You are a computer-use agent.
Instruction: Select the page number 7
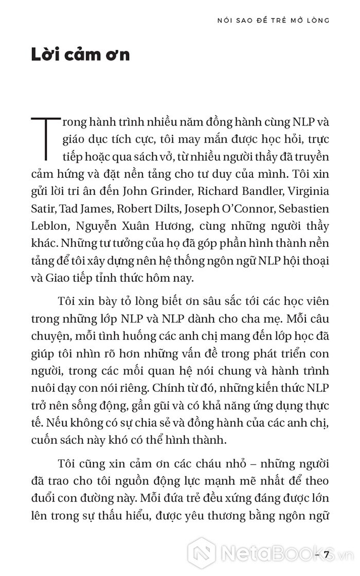coord(326,555)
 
